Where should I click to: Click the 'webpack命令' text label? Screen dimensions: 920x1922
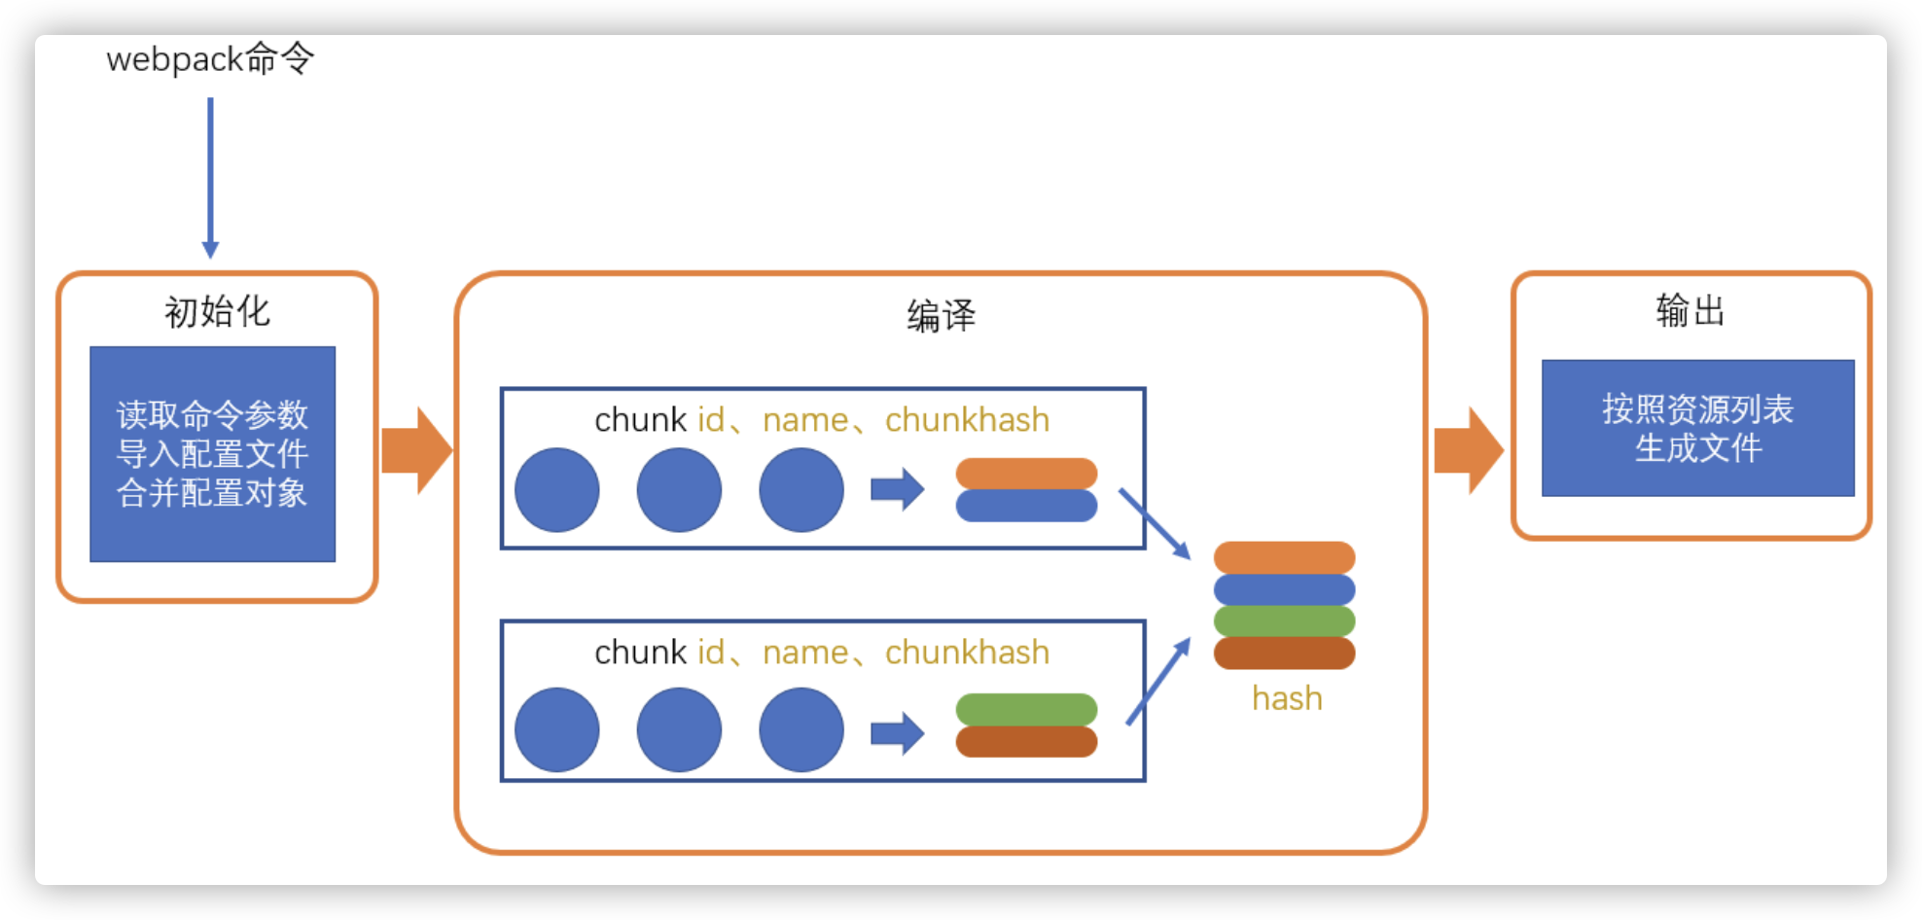(210, 59)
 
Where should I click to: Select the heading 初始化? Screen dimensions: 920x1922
(217, 312)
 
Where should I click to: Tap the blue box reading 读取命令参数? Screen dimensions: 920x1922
(212, 453)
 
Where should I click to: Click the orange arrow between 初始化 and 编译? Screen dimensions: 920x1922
(416, 450)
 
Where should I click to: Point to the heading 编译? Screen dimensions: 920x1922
(941, 316)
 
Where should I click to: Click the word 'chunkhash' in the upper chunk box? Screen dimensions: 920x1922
(967, 420)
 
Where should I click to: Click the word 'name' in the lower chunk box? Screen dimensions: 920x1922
(805, 653)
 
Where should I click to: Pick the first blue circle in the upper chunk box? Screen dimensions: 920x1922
(556, 489)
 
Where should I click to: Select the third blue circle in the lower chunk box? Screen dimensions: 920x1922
(801, 729)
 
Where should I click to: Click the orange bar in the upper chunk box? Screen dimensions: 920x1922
(1026, 474)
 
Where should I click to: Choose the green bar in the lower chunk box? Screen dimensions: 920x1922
(1026, 709)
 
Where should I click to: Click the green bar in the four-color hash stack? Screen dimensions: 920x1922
(1284, 620)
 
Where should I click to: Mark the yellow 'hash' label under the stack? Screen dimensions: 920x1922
(1287, 698)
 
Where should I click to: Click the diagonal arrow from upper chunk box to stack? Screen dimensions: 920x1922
(1155, 523)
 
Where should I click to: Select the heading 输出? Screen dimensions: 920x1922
(1691, 311)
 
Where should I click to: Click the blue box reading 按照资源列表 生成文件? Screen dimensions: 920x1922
(1697, 428)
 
